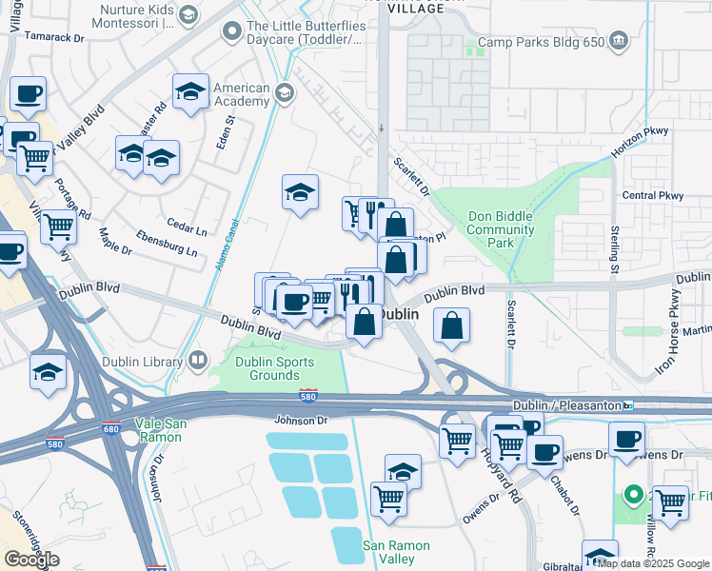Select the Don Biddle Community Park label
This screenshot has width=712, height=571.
click(501, 229)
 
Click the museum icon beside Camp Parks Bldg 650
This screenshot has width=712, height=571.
click(619, 40)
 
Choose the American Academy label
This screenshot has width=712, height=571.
click(242, 94)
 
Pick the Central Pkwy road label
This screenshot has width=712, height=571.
click(652, 196)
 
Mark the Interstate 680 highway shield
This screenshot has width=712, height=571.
click(111, 429)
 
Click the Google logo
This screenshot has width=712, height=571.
click(31, 560)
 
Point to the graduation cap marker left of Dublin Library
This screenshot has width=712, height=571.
click(48, 371)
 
